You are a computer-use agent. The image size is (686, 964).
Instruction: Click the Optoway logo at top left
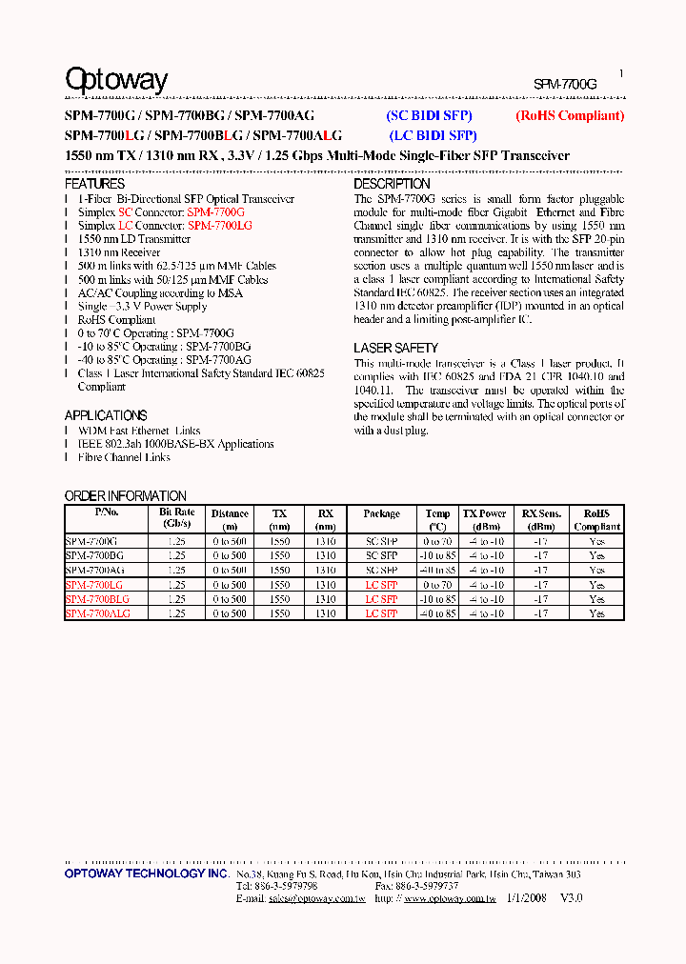[115, 80]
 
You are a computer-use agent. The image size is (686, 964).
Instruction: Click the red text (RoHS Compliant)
[569, 116]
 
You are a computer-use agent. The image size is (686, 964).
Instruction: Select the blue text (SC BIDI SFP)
[429, 116]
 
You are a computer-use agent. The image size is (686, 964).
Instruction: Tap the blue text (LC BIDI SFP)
[433, 135]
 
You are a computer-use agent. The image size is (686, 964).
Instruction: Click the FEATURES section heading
[94, 184]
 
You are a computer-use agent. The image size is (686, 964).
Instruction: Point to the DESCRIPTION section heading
[392, 184]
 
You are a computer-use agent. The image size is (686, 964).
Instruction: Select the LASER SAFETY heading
[395, 348]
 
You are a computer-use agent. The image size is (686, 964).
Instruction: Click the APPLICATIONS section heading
[106, 415]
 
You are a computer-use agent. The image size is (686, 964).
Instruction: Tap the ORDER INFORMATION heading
[125, 496]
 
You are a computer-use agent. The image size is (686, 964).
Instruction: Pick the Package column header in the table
[381, 514]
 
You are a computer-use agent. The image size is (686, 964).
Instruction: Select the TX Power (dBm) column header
[485, 519]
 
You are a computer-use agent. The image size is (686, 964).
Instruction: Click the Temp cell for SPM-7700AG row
[437, 570]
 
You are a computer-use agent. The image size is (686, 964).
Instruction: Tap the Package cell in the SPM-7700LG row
[381, 585]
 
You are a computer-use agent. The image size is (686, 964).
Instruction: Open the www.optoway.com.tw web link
[449, 897]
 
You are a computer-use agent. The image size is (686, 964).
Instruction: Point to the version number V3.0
[571, 897]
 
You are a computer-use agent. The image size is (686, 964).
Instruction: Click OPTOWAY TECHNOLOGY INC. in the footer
[146, 874]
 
